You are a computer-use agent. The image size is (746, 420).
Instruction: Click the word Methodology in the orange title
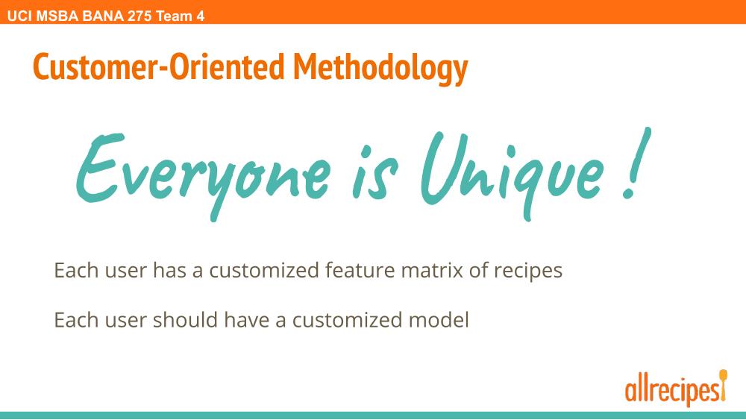click(380, 68)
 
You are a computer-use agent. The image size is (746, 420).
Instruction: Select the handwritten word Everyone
click(204, 175)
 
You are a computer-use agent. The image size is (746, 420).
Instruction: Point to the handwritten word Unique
click(512, 175)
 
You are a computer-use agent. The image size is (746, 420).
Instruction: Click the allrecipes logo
click(676, 388)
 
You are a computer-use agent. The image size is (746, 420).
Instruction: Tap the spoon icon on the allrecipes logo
click(723, 384)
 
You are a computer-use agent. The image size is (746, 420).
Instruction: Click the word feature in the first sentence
click(360, 270)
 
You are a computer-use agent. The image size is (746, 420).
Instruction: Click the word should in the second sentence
click(185, 319)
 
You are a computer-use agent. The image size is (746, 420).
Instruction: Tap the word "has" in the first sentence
click(169, 270)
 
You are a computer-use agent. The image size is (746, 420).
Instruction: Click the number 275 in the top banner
click(140, 16)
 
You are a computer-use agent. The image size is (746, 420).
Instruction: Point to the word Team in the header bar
click(174, 16)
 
